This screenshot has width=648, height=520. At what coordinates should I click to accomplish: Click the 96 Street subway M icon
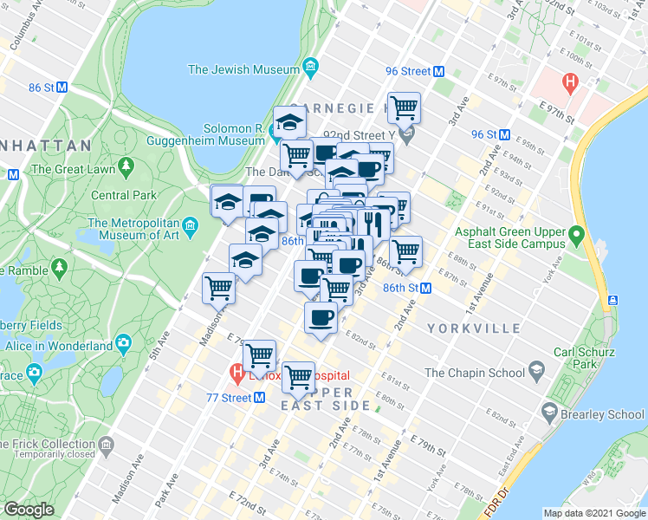click(438, 72)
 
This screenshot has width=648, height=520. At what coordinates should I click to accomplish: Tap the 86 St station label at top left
click(42, 88)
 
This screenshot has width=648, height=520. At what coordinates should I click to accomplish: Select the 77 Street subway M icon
click(259, 398)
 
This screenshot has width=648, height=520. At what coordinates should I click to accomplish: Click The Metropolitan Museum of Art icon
click(191, 226)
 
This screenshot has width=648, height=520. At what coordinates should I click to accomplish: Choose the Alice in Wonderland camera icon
click(124, 344)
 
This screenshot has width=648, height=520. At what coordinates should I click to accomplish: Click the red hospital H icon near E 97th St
click(569, 85)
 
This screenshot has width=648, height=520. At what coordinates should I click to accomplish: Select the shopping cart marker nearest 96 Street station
click(404, 108)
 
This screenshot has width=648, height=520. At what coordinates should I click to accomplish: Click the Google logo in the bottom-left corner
click(29, 510)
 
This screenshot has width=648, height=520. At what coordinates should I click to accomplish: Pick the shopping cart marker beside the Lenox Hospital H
click(259, 354)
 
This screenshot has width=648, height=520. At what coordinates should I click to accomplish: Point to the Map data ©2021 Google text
click(593, 513)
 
